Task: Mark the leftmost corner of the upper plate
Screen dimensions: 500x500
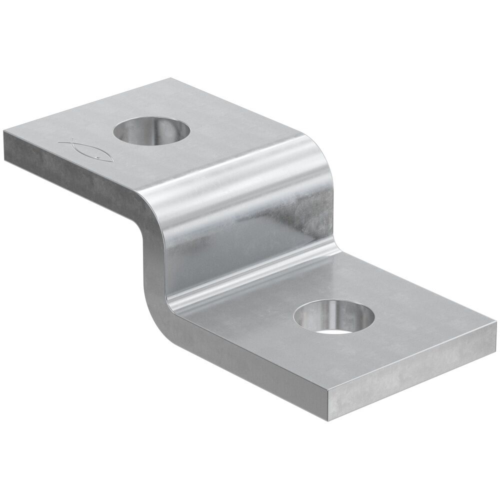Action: (x=4, y=131)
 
